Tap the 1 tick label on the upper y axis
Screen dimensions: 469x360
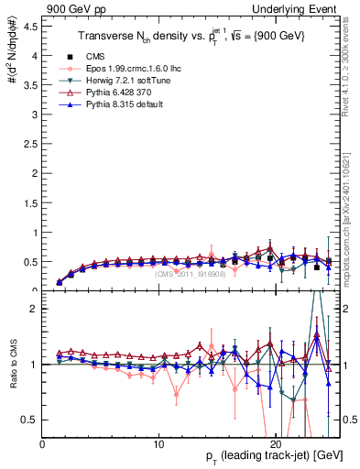point(35,233)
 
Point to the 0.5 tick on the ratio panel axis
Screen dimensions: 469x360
point(30,420)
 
